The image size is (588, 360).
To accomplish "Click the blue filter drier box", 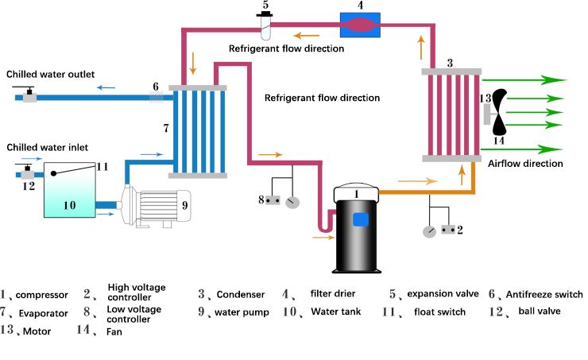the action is (x=360, y=25).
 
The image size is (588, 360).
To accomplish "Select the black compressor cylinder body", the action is (x=356, y=235).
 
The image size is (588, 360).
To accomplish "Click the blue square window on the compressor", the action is (x=361, y=219).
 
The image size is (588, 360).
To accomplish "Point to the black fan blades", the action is (x=500, y=112).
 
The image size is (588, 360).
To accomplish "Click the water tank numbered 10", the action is (x=70, y=190).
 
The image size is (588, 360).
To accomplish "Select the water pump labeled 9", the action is (x=156, y=207).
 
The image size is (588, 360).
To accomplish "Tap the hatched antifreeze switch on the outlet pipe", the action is (x=157, y=98).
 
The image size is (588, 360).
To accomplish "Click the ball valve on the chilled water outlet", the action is (x=29, y=95).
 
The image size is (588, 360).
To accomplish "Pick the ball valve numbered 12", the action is (x=27, y=172).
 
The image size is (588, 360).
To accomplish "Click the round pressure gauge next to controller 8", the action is (x=292, y=203).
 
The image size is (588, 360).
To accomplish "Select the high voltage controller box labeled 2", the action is (x=448, y=229).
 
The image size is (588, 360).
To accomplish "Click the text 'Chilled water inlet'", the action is (x=47, y=147).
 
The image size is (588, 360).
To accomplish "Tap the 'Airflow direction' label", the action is (x=525, y=164).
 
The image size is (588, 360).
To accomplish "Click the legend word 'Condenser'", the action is (x=241, y=294).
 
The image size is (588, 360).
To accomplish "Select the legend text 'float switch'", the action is (x=439, y=312).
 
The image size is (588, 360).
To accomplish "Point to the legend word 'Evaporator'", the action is (x=44, y=313).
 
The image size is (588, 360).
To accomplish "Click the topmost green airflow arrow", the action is (x=524, y=80).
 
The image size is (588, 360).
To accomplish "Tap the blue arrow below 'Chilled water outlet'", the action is (x=106, y=87).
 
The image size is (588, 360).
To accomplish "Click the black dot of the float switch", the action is (x=53, y=173).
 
